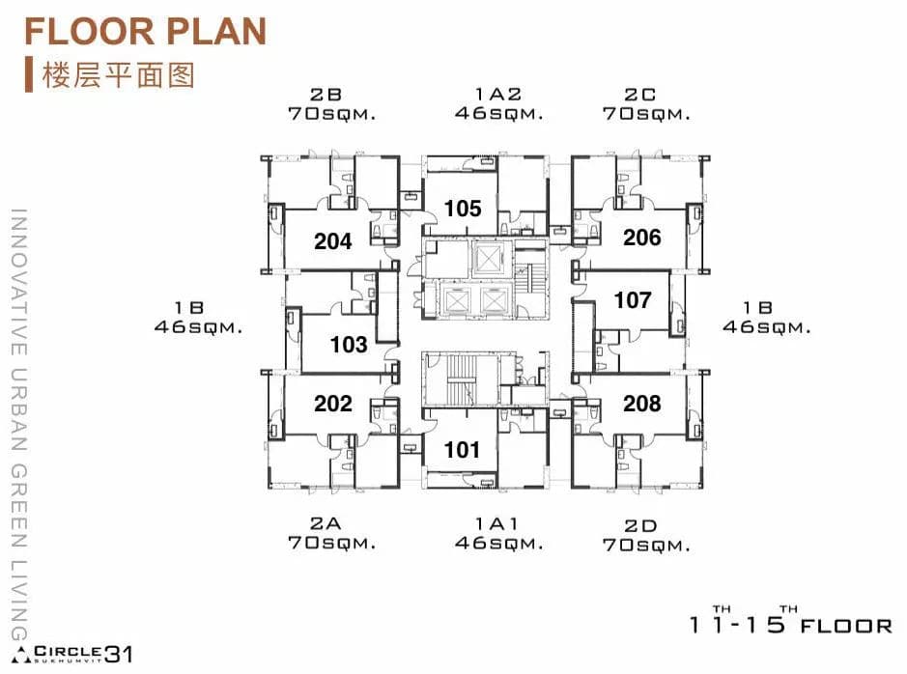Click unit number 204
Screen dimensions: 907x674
pos(332,241)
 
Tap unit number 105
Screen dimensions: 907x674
pos(463,209)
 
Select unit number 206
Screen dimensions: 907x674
pos(642,237)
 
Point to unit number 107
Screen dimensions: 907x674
pos(633,300)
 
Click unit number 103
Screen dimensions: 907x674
pos(349,345)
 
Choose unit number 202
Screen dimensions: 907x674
pos(333,404)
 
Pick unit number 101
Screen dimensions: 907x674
pos(462,450)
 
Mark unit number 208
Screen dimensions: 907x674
pos(642,404)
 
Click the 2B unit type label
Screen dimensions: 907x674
pos(326,95)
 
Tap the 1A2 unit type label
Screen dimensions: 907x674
pos(498,94)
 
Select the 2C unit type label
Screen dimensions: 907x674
pos(639,95)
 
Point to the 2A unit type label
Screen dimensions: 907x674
pos(326,523)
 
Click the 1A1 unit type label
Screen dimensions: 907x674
pos(496,523)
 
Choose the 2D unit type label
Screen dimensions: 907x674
pos(640,526)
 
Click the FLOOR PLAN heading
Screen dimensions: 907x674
pos(145,31)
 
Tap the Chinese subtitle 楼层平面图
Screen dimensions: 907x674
pos(118,75)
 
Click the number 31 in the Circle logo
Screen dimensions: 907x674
pos(119,654)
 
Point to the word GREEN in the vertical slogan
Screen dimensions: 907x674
pos(19,505)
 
